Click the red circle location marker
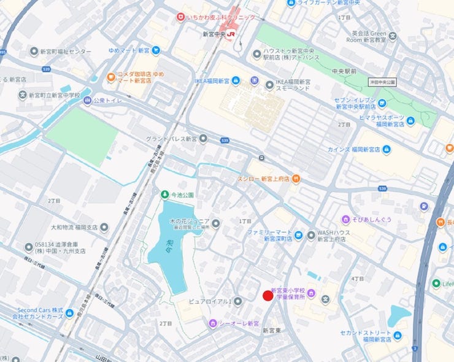point(267,296)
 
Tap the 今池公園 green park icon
point(164,194)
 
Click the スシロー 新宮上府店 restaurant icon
point(296,179)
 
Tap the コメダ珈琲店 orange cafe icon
point(111,77)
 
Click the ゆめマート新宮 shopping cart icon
point(156,50)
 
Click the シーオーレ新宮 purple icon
point(212,323)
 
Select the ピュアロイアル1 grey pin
point(237,301)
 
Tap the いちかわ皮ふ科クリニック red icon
point(180,18)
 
